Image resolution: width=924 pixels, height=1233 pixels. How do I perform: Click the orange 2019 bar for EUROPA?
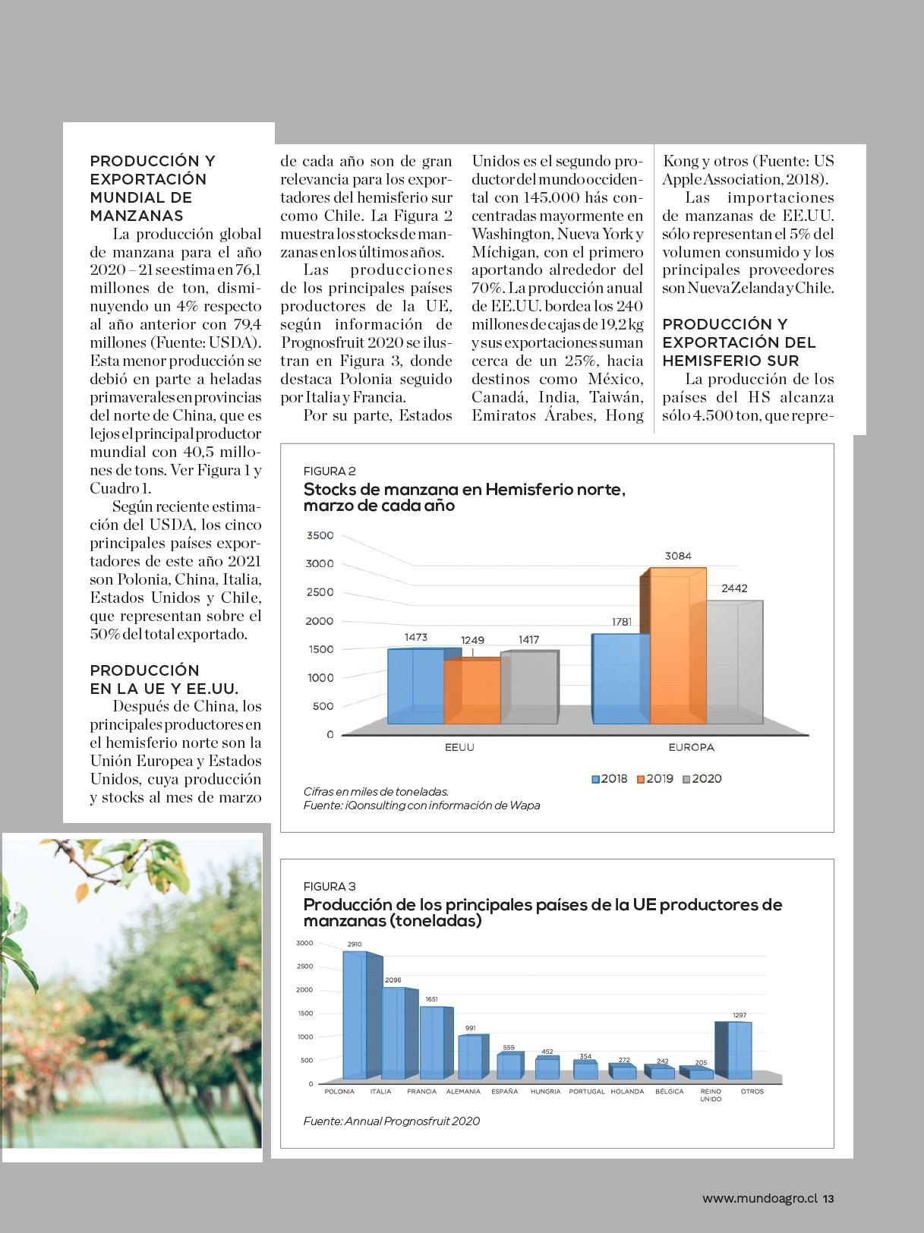tap(678, 645)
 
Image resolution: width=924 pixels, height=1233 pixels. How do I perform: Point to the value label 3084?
tap(678, 556)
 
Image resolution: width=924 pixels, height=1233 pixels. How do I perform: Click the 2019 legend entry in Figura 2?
tap(654, 779)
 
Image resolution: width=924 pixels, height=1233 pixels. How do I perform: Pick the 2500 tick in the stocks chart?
tap(320, 592)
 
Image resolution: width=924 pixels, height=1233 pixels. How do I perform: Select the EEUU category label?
tap(459, 747)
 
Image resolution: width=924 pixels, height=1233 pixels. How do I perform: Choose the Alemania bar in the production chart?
tap(470, 1057)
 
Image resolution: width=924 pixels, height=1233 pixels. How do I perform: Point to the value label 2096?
tap(393, 980)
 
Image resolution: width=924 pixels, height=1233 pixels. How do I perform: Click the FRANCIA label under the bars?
tap(421, 1092)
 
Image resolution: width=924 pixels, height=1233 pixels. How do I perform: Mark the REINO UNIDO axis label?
tap(711, 1095)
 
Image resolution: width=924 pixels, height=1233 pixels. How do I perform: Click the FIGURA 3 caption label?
tap(330, 886)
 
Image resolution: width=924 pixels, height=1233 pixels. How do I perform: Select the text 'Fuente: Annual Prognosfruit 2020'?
tap(391, 1121)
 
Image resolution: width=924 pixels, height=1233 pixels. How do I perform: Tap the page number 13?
tap(828, 1198)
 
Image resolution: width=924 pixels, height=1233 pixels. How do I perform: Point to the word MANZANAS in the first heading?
tap(137, 216)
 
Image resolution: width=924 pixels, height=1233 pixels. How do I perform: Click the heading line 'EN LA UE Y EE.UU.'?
tap(164, 689)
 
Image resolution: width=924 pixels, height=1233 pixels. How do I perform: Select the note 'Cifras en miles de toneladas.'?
tap(376, 791)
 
